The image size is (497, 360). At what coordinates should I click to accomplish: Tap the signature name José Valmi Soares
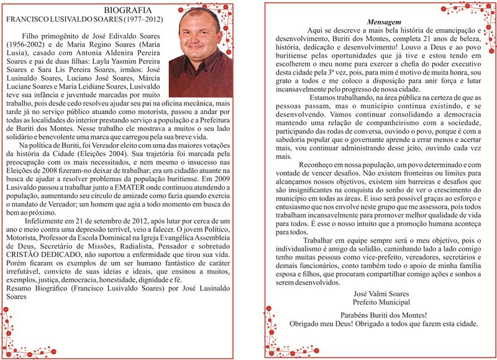coord(376,293)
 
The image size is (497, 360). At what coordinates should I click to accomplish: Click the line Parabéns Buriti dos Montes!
coord(376,315)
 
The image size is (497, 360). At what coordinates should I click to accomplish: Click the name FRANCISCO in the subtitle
coord(25,20)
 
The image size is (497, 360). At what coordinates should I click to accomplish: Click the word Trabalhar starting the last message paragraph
coord(323,240)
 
